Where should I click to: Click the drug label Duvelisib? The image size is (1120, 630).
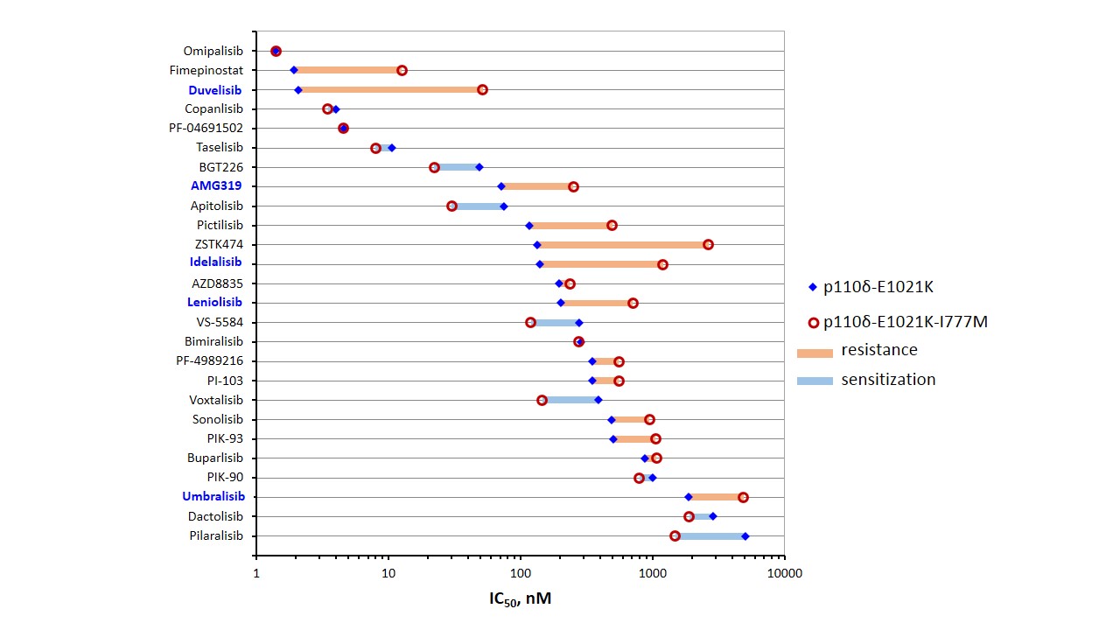215,89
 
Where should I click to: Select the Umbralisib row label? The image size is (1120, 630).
213,496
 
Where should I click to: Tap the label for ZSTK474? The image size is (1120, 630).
219,244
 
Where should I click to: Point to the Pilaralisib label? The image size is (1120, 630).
215,535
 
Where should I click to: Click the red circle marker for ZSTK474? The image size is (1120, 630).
708,244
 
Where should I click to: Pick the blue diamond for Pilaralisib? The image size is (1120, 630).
745,535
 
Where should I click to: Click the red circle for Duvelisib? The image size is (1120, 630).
482,89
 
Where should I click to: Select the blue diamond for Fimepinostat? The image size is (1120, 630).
294,70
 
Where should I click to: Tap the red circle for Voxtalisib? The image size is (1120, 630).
542,400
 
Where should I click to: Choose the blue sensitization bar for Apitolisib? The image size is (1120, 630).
478,206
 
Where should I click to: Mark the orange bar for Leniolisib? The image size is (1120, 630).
597,303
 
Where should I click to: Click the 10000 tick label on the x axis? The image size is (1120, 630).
783,573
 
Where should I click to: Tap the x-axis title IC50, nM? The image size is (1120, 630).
520,599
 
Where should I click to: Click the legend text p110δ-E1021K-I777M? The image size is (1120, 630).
906,321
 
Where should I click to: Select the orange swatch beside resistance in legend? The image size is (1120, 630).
814,353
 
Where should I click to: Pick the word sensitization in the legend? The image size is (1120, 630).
888,379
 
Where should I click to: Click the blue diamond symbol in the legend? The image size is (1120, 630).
813,287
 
